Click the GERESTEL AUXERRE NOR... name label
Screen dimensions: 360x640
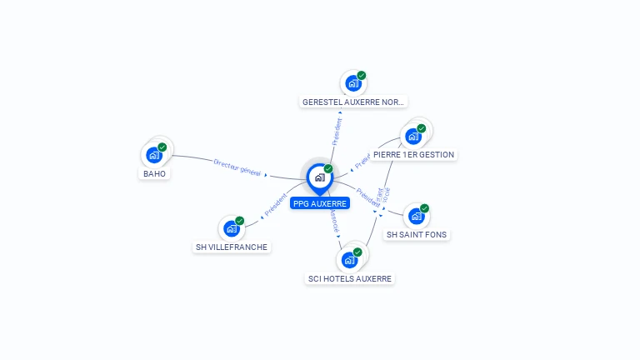coord(353,102)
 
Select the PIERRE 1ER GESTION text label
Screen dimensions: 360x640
coord(413,154)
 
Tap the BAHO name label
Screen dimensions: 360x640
coord(154,173)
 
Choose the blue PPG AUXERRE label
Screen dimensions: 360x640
coord(320,202)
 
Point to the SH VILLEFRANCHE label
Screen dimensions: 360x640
coord(232,247)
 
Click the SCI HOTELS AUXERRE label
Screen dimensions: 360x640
coord(349,278)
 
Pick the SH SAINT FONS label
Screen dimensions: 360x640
coord(417,235)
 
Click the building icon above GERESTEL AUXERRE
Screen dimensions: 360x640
coord(353,83)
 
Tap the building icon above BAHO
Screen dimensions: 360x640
coord(153,154)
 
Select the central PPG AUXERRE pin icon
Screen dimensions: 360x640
coord(319,177)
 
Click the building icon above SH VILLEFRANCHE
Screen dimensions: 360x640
coord(231,227)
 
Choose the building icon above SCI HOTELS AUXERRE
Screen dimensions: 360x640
coord(349,259)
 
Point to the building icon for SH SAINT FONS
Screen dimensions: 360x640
coord(417,216)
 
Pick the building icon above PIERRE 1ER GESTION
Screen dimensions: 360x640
coord(412,136)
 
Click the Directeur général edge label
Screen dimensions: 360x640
coord(237,167)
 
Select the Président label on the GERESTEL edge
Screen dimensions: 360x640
coord(337,132)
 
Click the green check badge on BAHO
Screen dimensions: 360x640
coord(162,147)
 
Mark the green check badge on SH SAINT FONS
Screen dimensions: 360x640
coord(425,208)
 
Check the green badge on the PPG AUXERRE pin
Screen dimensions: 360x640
coord(328,168)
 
